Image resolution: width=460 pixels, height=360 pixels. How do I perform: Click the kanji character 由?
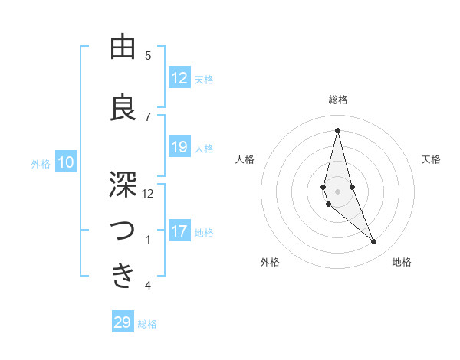[123, 48]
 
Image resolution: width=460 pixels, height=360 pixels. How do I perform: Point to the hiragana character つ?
[123, 231]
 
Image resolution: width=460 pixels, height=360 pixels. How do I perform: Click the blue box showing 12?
[179, 78]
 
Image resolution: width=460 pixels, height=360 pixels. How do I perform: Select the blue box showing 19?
[179, 147]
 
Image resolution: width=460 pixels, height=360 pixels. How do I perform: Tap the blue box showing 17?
[179, 231]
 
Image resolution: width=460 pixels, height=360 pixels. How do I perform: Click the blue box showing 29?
[123, 322]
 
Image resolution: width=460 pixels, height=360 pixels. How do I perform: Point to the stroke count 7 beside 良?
[148, 116]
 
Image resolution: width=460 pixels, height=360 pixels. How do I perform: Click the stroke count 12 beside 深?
[148, 193]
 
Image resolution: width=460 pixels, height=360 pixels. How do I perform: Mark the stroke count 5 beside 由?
[148, 55]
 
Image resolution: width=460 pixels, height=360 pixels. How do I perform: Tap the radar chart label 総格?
[337, 100]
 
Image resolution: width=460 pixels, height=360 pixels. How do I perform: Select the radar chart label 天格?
[432, 159]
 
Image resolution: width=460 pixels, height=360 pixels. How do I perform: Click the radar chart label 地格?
[402, 262]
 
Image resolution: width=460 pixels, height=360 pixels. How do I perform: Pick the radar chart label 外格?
[270, 262]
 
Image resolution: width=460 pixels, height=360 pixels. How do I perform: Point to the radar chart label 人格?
[245, 159]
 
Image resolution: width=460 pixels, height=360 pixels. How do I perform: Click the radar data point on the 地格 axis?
[374, 242]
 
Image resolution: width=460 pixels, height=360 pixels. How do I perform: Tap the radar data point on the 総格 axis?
[337, 130]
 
